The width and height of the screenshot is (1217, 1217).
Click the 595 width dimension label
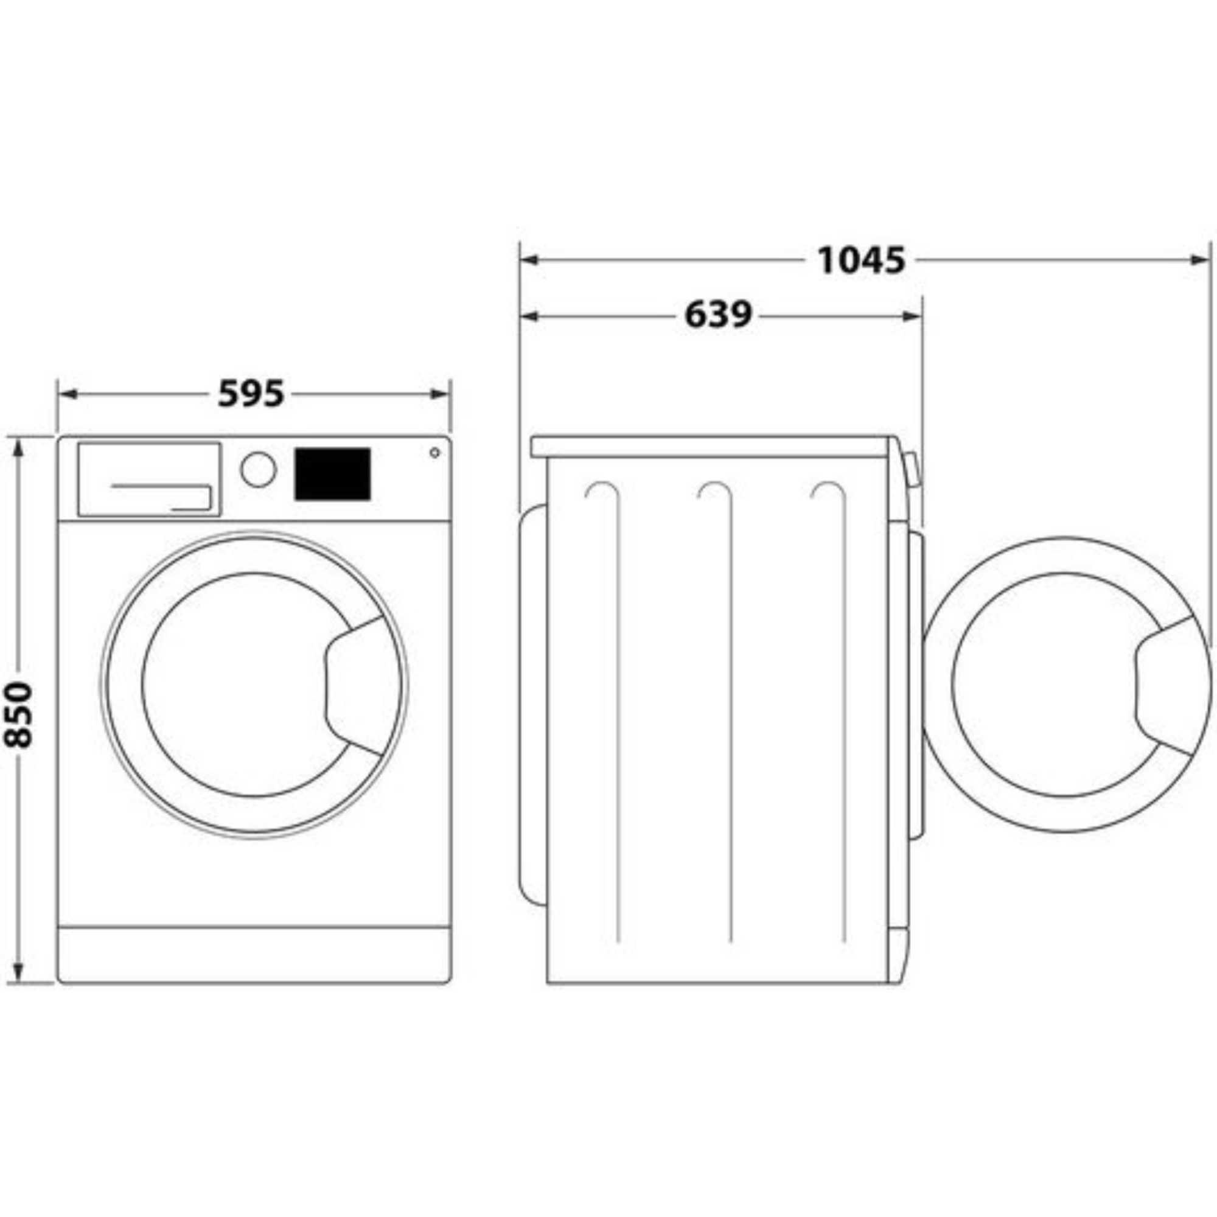click(x=251, y=395)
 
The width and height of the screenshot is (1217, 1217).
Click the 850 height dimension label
click(x=18, y=714)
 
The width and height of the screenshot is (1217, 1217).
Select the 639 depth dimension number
click(x=717, y=315)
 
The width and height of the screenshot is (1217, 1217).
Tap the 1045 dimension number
click(x=860, y=260)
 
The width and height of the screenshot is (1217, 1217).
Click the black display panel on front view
click(x=332, y=475)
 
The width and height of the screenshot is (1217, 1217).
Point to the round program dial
click(x=258, y=469)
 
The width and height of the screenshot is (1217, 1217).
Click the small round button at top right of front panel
click(x=434, y=452)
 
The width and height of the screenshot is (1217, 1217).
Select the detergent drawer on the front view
click(x=148, y=479)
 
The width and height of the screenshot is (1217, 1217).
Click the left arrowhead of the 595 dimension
click(x=68, y=395)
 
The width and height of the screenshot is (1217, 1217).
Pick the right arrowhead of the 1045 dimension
click(x=1199, y=260)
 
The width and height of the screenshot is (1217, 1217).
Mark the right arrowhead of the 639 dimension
click(x=913, y=316)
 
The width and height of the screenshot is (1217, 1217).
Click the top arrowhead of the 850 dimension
click(x=18, y=448)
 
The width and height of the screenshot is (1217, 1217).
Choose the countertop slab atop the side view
click(x=712, y=446)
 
